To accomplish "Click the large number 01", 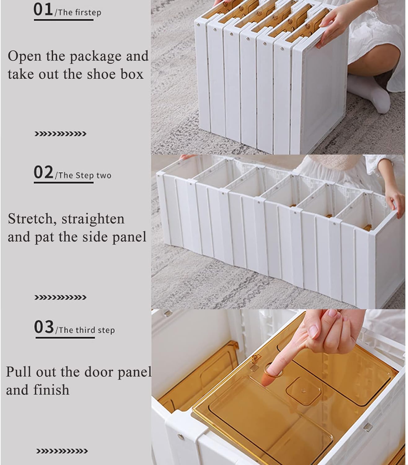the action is coord(43,10).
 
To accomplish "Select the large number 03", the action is coord(44,327).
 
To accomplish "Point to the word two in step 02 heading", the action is coord(104,175).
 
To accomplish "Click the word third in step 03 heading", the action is coord(86,330).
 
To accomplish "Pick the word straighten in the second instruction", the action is coord(93,219).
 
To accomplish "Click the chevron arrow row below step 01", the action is coord(60,134).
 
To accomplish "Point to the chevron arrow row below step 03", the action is coord(62,451).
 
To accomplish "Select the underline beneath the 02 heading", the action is coord(64,183).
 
